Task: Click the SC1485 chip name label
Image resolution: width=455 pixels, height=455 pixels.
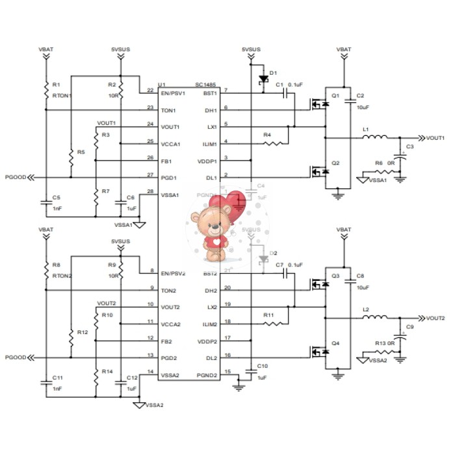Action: coord(206,84)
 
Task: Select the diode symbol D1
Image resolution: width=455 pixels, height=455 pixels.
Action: coord(263,79)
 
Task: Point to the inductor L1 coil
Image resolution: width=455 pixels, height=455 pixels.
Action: coord(375,137)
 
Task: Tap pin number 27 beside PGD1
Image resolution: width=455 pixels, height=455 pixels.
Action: coord(151,175)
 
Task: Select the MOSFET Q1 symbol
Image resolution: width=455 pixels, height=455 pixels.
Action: coord(320,103)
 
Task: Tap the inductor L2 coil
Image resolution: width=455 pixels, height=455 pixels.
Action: coord(375,317)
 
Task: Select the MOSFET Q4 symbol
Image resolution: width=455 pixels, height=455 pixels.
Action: coord(319,352)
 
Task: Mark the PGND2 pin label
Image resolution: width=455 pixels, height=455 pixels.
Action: coord(207,374)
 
